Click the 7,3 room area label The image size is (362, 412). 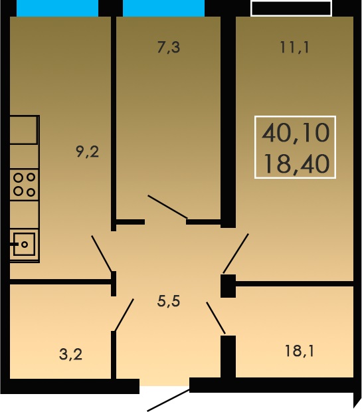coord(169,48)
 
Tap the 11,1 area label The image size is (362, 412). coord(294,48)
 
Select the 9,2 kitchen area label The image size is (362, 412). coord(88,152)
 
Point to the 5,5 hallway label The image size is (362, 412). coord(169,301)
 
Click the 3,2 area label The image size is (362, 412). coord(70,354)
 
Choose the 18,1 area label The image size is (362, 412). coord(300,351)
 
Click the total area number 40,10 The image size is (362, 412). coord(296,133)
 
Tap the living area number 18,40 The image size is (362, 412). coord(296,164)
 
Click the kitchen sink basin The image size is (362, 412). coord(24,244)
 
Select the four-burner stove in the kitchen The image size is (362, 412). coord(25,185)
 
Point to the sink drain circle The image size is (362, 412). coord(25,245)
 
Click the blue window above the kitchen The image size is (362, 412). coord(57,8)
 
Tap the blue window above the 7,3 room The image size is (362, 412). coord(163,8)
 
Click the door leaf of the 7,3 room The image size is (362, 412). coord(167,207)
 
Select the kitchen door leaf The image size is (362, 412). coord(102,254)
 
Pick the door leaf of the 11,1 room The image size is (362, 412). coord(236,254)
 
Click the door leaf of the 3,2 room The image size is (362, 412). coord(124,315)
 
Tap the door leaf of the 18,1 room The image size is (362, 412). coord(216,318)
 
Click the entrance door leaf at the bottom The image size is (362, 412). coord(168,401)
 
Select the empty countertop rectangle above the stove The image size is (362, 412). coord(24,130)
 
